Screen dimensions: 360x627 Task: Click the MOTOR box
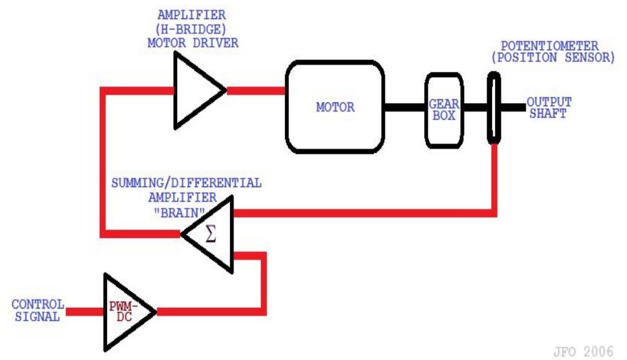tap(335, 107)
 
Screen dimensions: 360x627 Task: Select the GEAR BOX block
tap(443, 110)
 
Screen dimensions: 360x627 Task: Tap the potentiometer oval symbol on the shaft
tap(494, 108)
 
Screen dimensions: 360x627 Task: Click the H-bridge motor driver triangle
tap(196, 90)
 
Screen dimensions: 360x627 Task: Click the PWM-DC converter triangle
tap(126, 312)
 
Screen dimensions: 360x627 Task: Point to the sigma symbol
tap(211, 234)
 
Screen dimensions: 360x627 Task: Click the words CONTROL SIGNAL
tap(37, 310)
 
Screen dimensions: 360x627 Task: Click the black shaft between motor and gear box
tap(405, 107)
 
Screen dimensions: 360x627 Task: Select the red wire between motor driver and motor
tap(256, 91)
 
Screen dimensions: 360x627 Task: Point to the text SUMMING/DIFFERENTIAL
tap(186, 183)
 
